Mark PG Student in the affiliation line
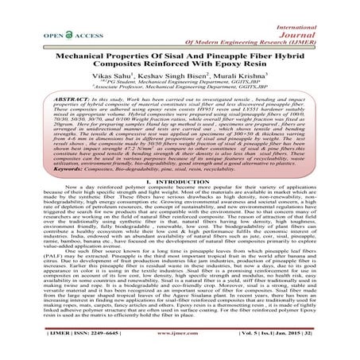point(122,72)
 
